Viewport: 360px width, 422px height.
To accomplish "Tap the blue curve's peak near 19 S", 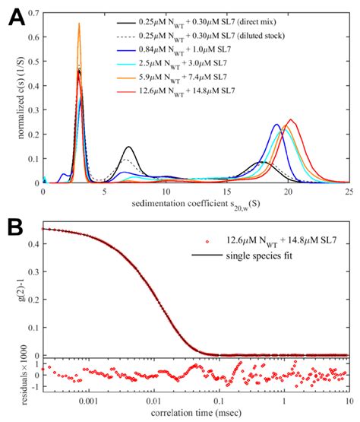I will coord(277,125).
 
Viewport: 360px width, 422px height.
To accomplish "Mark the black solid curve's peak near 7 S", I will coord(129,147).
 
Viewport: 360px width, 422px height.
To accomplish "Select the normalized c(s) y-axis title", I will coord(11,97).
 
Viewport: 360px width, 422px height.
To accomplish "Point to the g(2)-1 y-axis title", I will coord(11,291).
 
